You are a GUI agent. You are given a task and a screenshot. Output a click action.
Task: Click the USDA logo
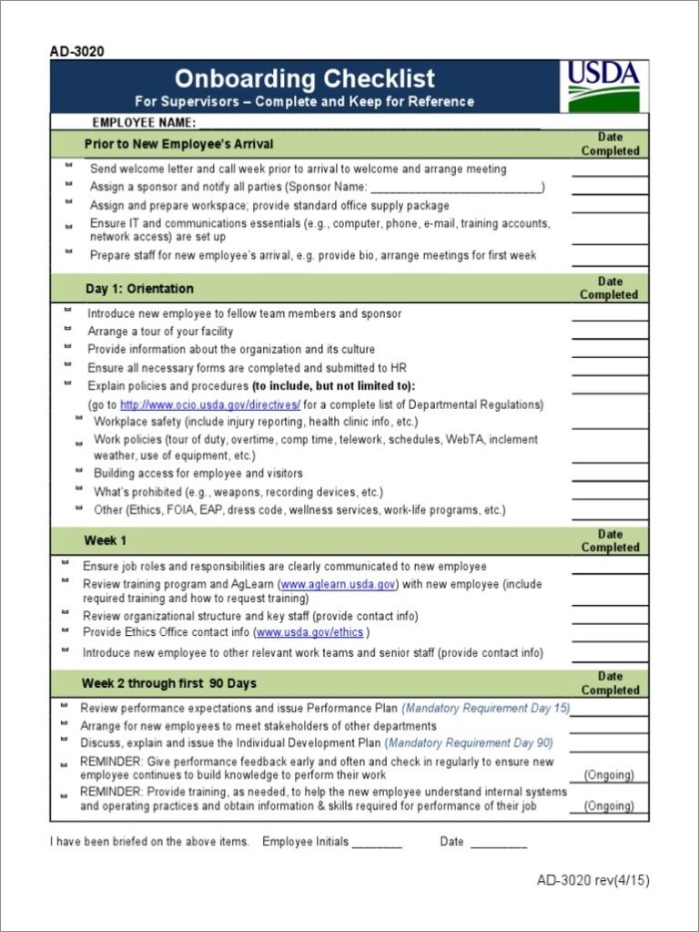(x=603, y=86)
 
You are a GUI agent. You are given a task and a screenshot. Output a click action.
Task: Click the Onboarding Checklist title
(x=304, y=78)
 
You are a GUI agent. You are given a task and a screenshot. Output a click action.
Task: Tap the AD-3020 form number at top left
(x=76, y=52)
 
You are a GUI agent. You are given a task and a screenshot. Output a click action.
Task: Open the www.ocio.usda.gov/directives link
(x=209, y=405)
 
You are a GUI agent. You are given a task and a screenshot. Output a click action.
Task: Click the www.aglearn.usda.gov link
(x=338, y=584)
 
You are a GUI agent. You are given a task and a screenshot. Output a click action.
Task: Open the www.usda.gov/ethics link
(x=310, y=632)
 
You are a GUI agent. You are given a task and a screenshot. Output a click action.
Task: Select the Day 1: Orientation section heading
(x=139, y=289)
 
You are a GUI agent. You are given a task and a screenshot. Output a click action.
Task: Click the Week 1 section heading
(x=106, y=540)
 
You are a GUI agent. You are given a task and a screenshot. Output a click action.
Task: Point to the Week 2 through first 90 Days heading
(x=169, y=683)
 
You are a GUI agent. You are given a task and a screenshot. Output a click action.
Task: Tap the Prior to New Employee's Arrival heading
(x=178, y=144)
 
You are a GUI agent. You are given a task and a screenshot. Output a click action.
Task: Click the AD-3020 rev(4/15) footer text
(x=593, y=880)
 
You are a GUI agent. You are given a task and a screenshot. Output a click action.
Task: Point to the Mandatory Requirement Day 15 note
(x=485, y=708)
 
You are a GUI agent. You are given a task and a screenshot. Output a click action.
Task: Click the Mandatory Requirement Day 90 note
(x=471, y=743)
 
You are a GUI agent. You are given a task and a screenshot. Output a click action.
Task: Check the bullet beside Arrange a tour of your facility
(x=68, y=330)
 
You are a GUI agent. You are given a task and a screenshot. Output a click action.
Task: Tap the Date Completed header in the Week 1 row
(x=609, y=540)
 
